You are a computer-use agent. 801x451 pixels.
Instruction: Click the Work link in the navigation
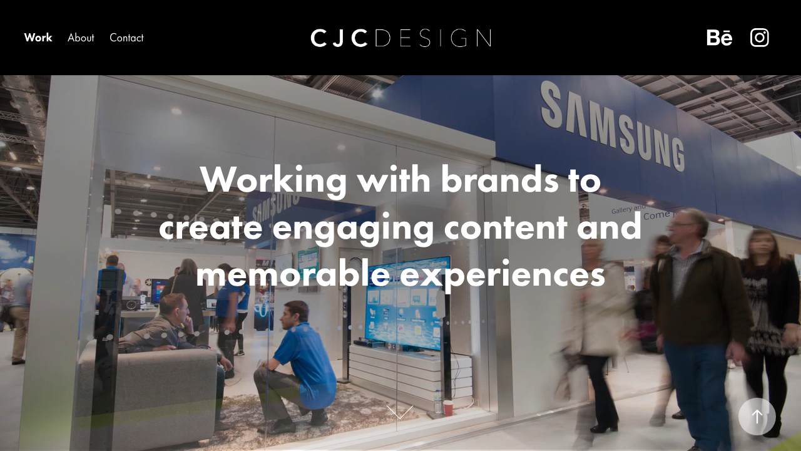38,38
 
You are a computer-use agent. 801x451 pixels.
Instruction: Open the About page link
81,38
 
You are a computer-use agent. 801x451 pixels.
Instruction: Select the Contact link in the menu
126,38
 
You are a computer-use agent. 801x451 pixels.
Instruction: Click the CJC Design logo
400,38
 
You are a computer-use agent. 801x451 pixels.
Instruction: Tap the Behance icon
719,38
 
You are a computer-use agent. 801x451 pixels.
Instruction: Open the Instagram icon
760,38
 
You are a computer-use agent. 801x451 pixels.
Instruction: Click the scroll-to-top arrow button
757,417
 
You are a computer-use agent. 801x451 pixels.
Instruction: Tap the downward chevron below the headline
400,412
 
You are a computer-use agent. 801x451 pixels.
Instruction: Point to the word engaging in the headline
353,227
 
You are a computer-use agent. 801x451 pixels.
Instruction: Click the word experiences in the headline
503,274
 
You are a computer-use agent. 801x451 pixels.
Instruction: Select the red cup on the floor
448,407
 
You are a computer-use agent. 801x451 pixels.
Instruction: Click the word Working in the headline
273,180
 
